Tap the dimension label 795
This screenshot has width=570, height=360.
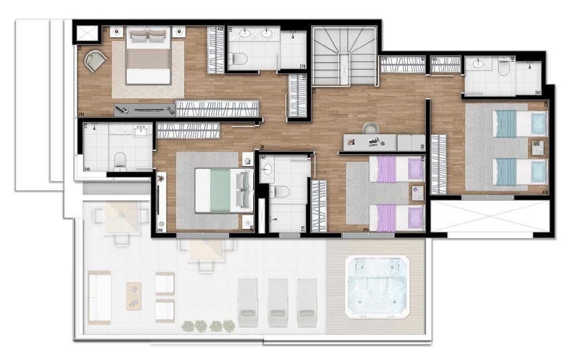click(81, 115)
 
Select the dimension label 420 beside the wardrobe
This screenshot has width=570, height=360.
click(220, 29)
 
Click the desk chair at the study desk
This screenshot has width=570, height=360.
click(370, 129)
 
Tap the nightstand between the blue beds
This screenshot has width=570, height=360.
click(538, 147)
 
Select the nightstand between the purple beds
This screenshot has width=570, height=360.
click(417, 193)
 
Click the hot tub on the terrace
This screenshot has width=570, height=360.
click(377, 286)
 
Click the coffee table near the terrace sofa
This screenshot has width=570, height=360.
click(134, 295)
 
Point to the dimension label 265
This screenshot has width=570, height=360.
click(538, 92)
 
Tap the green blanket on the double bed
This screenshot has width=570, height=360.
click(220, 190)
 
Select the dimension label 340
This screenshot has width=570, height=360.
click(160, 229)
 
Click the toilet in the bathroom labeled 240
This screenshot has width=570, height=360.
click(120, 161)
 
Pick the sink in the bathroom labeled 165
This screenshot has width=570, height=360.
click(268, 170)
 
